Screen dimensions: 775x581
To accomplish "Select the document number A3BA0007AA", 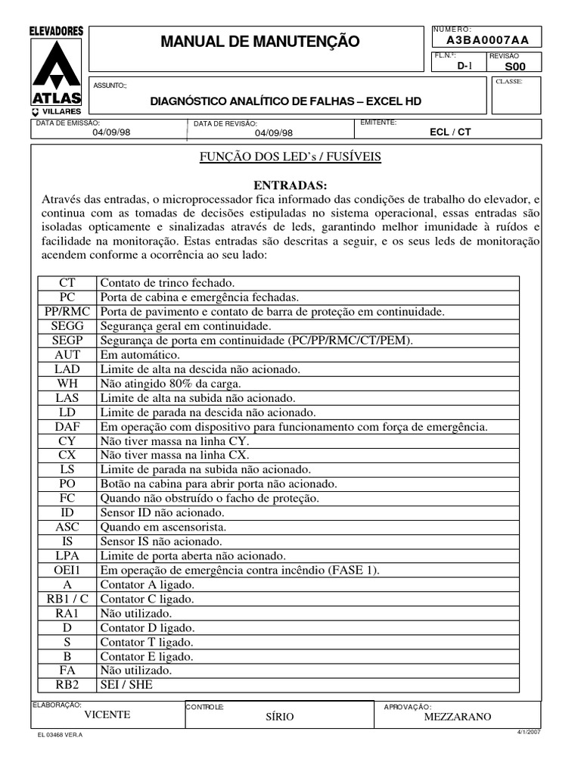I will pyautogui.click(x=487, y=40).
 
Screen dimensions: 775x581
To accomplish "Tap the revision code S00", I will pyautogui.click(x=514, y=66).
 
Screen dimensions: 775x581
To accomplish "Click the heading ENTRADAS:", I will pyautogui.click(x=290, y=185).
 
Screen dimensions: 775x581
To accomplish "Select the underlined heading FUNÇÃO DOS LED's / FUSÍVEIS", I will pyautogui.click(x=290, y=157).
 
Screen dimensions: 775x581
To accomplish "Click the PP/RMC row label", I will pyautogui.click(x=67, y=312).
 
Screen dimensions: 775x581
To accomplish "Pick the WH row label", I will pyautogui.click(x=67, y=384).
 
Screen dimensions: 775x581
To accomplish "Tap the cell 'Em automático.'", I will pyautogui.click(x=140, y=355).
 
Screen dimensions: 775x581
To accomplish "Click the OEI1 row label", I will pyautogui.click(x=67, y=570).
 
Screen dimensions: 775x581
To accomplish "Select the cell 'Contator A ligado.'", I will pyautogui.click(x=148, y=584).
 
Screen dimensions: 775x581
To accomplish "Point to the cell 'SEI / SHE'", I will pyautogui.click(x=126, y=685).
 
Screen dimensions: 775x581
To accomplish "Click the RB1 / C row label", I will pyautogui.click(x=67, y=599).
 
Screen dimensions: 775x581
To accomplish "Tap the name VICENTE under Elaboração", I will pyautogui.click(x=107, y=715).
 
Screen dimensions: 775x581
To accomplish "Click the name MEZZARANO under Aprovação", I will pyautogui.click(x=458, y=717).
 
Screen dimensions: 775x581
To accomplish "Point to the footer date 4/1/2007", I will pyautogui.click(x=527, y=733).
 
